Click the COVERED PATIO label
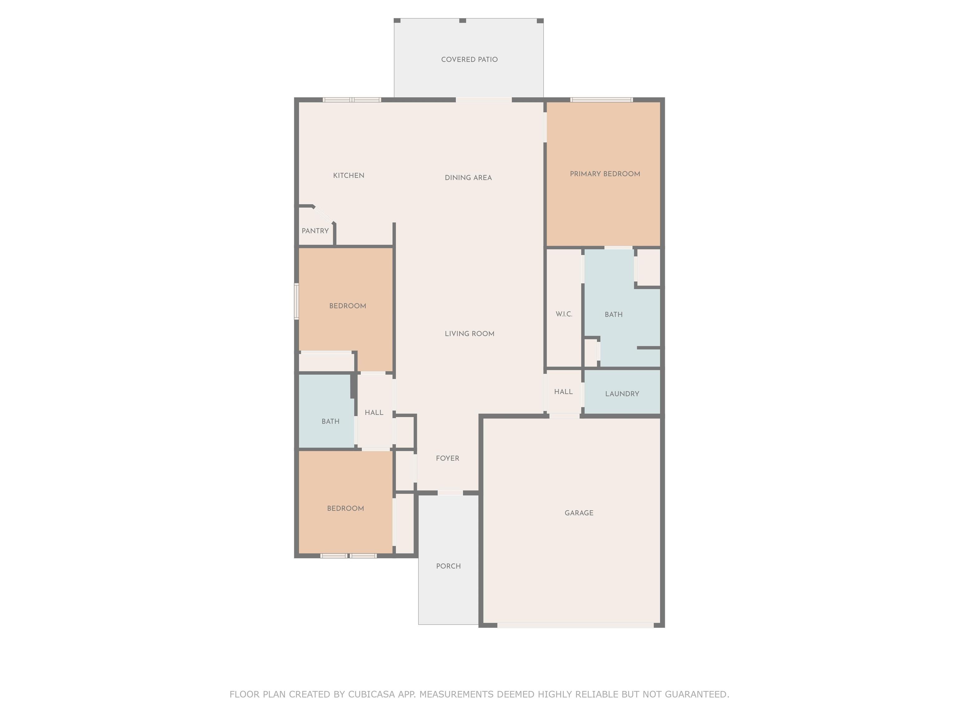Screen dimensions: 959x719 pyautogui.click(x=469, y=59)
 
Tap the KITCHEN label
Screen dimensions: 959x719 pyautogui.click(x=349, y=175)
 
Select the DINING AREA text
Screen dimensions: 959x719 pyautogui.click(x=468, y=178)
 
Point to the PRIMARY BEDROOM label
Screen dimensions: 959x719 pyautogui.click(x=605, y=174)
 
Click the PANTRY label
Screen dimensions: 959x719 pyautogui.click(x=315, y=231)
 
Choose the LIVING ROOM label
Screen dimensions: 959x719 pyautogui.click(x=470, y=334)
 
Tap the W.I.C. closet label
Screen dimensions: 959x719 pyautogui.click(x=564, y=314)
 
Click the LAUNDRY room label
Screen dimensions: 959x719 pyautogui.click(x=622, y=394)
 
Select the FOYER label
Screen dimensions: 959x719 pyautogui.click(x=447, y=458)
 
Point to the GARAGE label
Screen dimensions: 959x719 pyautogui.click(x=579, y=513)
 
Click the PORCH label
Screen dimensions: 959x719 pyautogui.click(x=448, y=566)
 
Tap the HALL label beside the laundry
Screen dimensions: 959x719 pyautogui.click(x=563, y=392)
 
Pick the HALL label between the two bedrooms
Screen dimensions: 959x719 pyautogui.click(x=374, y=413)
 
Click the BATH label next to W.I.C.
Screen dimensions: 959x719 pyautogui.click(x=613, y=315)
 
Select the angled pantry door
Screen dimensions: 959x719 pyautogui.click(x=323, y=215)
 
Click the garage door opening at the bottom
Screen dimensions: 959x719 pyautogui.click(x=575, y=625)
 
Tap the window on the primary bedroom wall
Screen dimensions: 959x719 pyautogui.click(x=602, y=100)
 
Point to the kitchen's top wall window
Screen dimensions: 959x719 pyautogui.click(x=352, y=100)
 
